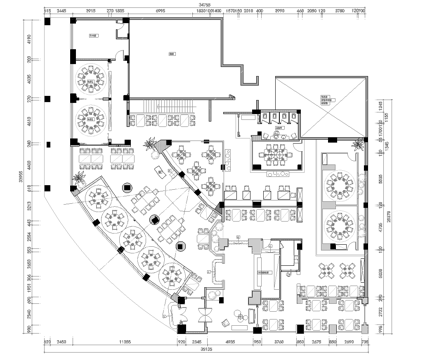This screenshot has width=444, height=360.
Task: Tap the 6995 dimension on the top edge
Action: (x=160, y=13)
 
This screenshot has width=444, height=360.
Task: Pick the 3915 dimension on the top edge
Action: (x=90, y=13)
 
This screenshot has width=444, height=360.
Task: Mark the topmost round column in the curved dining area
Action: (x=125, y=187)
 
